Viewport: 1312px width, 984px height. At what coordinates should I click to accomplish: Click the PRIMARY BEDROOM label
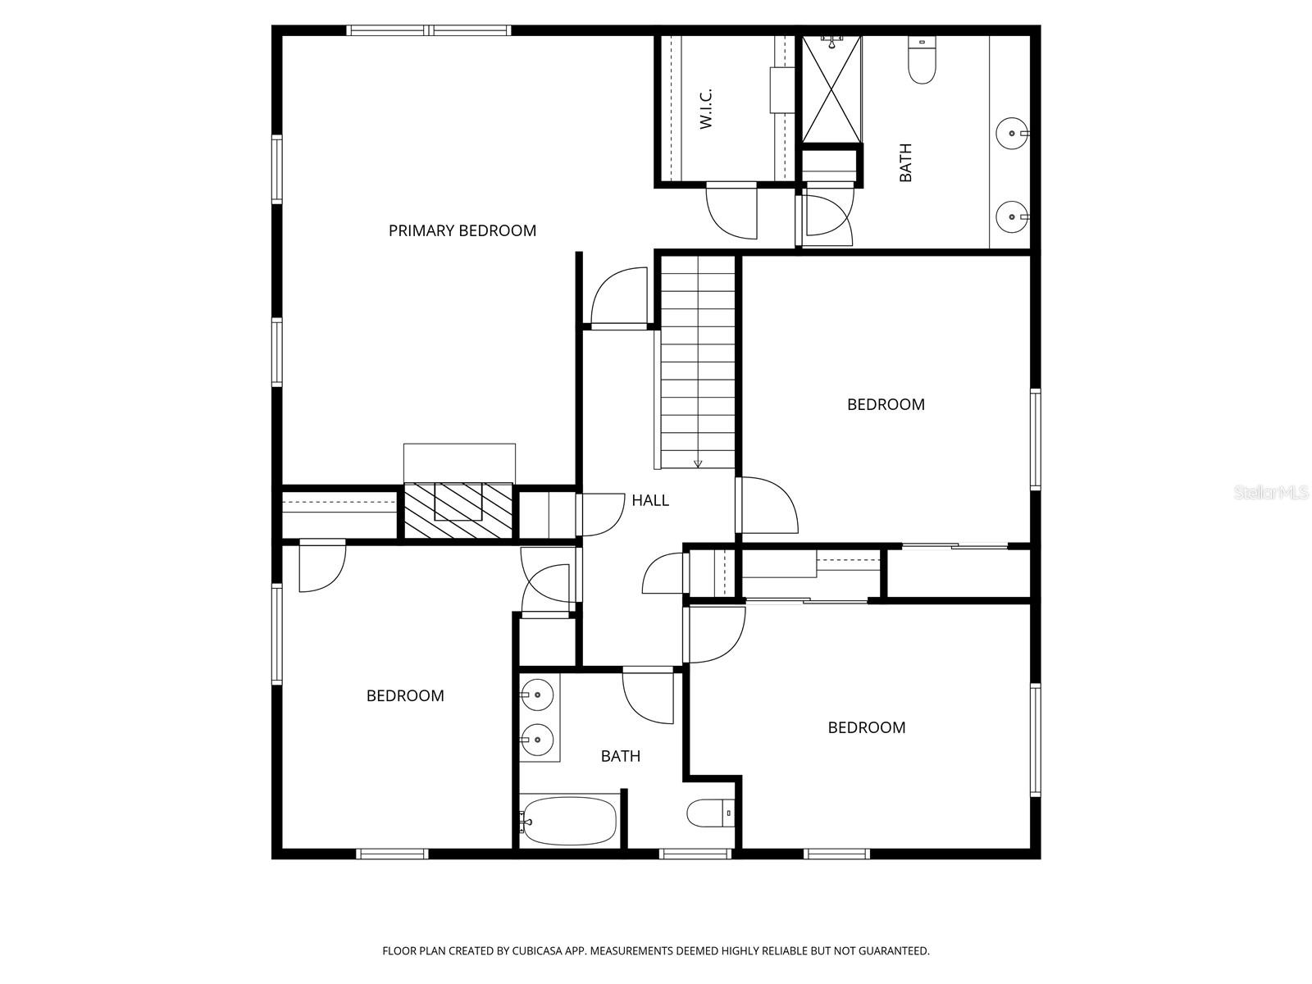pos(462,231)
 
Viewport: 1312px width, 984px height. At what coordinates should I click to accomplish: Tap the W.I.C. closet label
pos(705,108)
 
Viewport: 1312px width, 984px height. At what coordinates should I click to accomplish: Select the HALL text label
pos(649,500)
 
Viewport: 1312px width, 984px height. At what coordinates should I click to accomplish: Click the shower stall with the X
pos(831,89)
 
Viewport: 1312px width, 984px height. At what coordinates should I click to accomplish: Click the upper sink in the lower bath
pos(537,695)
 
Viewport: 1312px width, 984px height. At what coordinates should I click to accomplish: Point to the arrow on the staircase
pos(698,463)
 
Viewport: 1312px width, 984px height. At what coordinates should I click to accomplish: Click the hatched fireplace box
pos(458,510)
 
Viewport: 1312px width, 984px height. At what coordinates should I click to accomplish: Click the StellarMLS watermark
pos(1271,493)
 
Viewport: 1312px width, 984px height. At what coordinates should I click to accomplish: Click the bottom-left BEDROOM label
pos(405,696)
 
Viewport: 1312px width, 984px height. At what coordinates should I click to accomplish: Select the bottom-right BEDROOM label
pos(866,728)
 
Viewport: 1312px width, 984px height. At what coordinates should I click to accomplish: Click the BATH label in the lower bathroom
pos(620,756)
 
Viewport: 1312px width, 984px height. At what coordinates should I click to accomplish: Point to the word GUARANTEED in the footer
pos(891,951)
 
